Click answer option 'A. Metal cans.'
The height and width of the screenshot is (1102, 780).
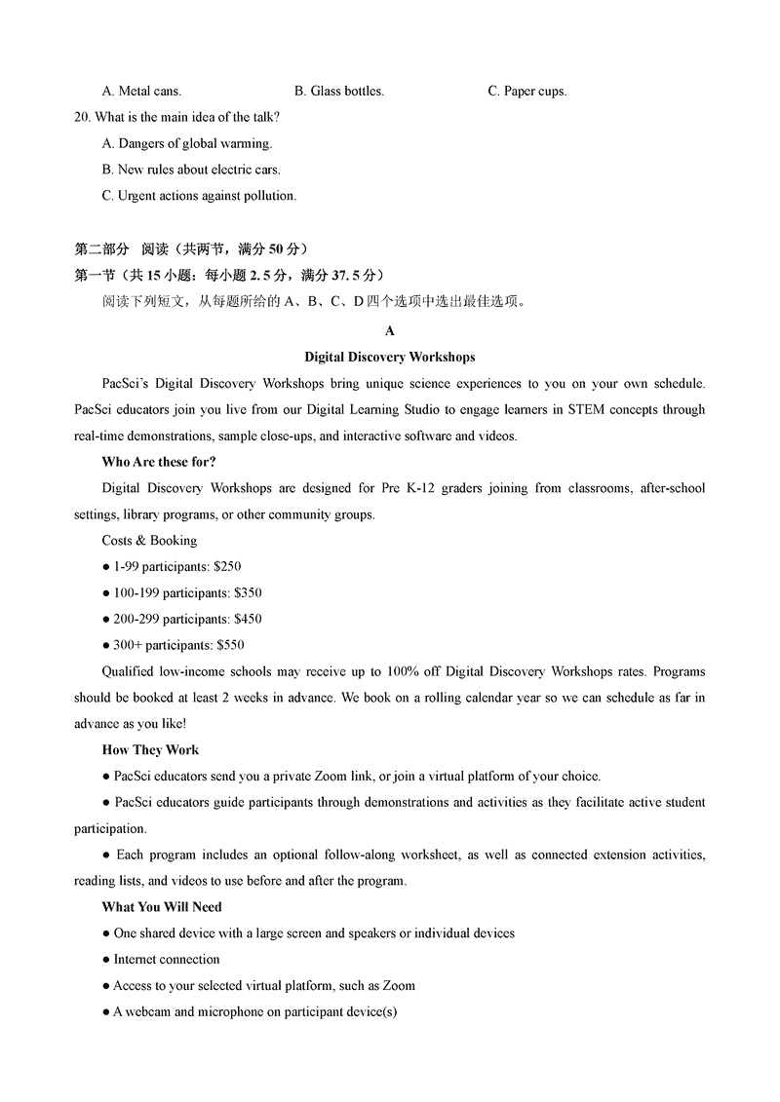tap(141, 92)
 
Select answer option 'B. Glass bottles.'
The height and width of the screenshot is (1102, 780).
tap(339, 92)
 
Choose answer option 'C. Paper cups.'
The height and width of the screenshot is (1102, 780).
tap(526, 92)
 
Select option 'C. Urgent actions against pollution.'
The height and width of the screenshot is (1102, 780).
tap(199, 196)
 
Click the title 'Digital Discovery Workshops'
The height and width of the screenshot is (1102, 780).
tap(390, 358)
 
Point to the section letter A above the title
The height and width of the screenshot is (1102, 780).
tap(390, 331)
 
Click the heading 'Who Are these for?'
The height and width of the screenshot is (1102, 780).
tap(159, 462)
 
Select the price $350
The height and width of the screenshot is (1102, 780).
tap(248, 592)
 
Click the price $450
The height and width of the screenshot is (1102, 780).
tap(248, 619)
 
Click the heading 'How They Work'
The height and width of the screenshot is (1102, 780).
tap(150, 750)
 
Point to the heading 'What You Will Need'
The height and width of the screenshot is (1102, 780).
tap(162, 907)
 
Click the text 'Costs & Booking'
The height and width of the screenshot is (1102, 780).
tap(149, 541)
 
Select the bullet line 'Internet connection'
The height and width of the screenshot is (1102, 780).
tap(167, 960)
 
